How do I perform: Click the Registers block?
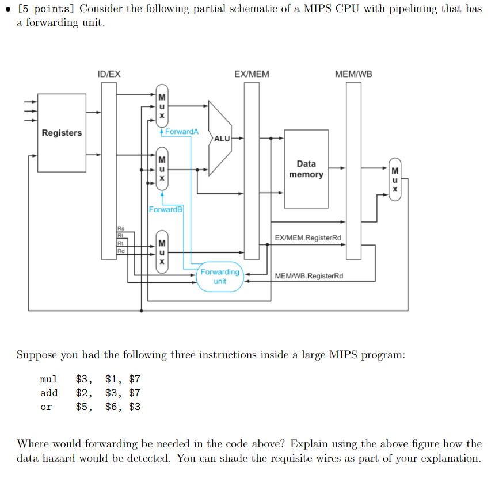[x=62, y=133]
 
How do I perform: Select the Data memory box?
[x=306, y=169]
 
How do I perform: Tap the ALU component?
[x=221, y=139]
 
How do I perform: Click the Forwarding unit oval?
[x=220, y=277]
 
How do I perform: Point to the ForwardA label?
[x=181, y=132]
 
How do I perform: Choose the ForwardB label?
[x=166, y=209]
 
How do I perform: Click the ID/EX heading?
[x=109, y=74]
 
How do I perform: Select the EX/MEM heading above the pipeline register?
[x=252, y=74]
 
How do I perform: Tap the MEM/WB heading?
[x=353, y=74]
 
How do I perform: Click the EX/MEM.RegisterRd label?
[x=307, y=237]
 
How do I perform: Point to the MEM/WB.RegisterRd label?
[x=309, y=276]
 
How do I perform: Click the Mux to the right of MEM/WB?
[x=394, y=179]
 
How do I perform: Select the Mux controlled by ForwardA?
[x=162, y=107]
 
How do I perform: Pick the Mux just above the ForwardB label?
[x=162, y=169]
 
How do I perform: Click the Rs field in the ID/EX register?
[x=121, y=228]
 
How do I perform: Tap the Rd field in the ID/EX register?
[x=121, y=251]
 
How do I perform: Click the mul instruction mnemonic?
[x=49, y=379]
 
